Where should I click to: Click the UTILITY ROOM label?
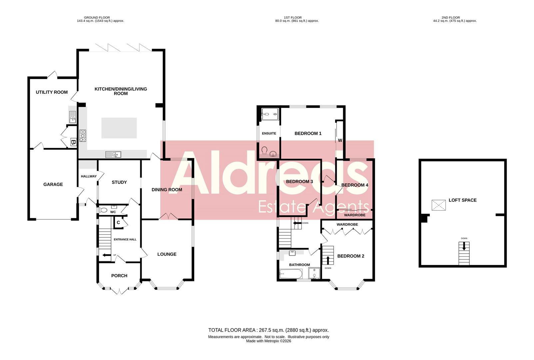tap(52, 92)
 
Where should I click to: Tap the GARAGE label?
tap(53, 184)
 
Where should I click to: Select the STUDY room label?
tap(119, 182)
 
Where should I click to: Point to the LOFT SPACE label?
tap(462, 200)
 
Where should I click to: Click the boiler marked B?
tap(73, 142)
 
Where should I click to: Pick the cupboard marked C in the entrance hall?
tap(118, 223)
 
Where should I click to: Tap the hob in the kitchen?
tap(83, 136)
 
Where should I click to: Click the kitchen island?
tap(119, 128)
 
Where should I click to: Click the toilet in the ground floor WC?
tap(103, 210)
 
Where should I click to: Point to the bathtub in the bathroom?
tap(291, 274)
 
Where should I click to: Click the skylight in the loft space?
tap(438, 205)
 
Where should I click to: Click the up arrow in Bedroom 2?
tap(328, 260)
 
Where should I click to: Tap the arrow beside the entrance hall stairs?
tap(107, 255)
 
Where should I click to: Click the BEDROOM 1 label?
tap(308, 133)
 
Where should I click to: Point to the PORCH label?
tap(119, 276)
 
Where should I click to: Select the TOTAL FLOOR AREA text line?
tap(268, 330)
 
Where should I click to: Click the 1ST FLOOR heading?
tap(293, 17)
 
